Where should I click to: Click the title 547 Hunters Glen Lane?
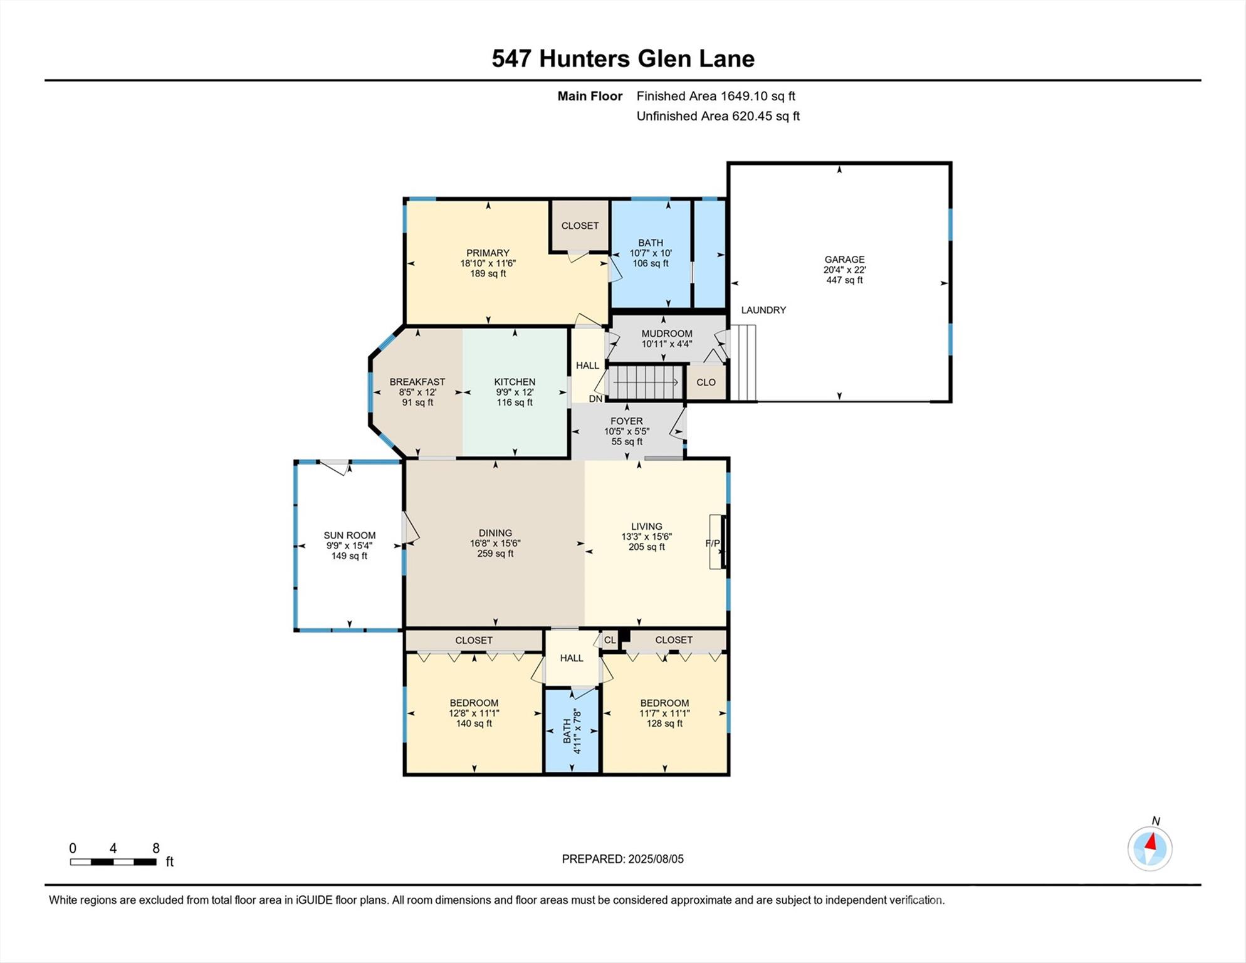pos(623,59)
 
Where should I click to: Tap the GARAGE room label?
pos(844,259)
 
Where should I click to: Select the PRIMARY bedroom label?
pos(488,253)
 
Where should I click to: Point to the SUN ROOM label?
pos(350,535)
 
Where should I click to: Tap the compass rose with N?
pos(1150,848)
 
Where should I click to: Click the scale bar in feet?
pos(113,862)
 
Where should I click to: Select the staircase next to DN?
pos(645,382)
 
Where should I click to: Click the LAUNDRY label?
pos(763,310)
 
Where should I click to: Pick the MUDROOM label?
pos(667,334)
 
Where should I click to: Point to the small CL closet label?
pos(610,640)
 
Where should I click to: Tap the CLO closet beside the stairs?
pos(706,382)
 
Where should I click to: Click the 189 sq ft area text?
pos(488,274)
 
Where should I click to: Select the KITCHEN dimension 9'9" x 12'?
pos(515,392)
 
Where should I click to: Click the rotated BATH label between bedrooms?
pos(568,731)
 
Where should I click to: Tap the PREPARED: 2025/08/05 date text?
pos(623,859)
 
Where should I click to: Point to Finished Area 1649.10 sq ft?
pos(716,96)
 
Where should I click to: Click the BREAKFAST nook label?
pos(417,382)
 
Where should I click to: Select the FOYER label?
pos(627,421)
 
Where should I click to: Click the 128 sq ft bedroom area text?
pos(665,724)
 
